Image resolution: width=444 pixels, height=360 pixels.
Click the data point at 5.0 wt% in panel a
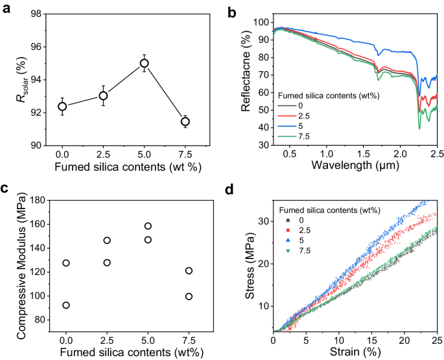pos(144,63)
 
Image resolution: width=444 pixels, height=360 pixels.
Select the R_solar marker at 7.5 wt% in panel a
pos(185,121)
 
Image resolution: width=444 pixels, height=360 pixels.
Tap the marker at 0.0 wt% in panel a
pos(62,106)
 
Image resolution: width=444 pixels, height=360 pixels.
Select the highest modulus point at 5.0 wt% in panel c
pos(148,226)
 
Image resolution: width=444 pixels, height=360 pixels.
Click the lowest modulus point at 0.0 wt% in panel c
pos(66,305)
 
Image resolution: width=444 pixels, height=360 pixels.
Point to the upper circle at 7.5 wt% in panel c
pos(189,271)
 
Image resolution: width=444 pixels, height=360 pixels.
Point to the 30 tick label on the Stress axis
pos(263,221)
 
